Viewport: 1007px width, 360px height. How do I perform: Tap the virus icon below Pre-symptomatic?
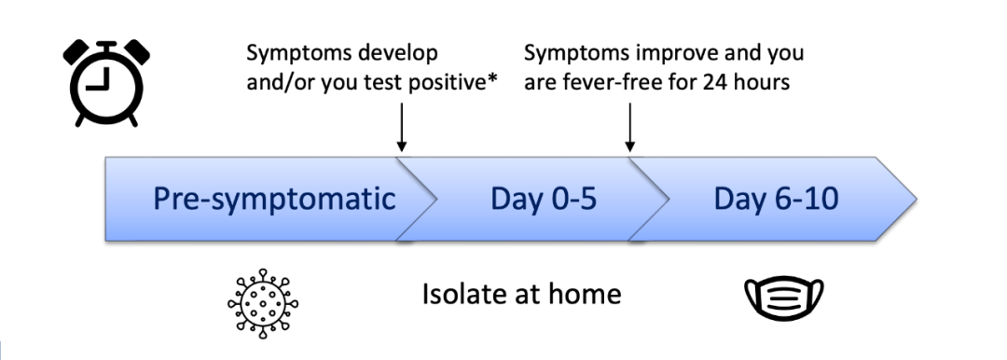click(x=263, y=303)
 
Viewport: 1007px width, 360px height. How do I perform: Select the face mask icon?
click(x=783, y=299)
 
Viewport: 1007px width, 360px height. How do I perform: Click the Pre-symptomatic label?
click(x=274, y=199)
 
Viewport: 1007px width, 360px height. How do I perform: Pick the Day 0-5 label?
click(x=544, y=199)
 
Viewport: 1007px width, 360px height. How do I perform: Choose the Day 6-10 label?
click(x=776, y=199)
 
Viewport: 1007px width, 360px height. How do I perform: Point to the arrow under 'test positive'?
click(x=401, y=127)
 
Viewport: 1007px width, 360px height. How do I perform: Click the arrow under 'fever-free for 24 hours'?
click(x=630, y=127)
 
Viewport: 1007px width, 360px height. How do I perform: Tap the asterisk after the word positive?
click(x=492, y=78)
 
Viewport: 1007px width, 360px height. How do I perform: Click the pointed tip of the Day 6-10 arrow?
click(x=917, y=199)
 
